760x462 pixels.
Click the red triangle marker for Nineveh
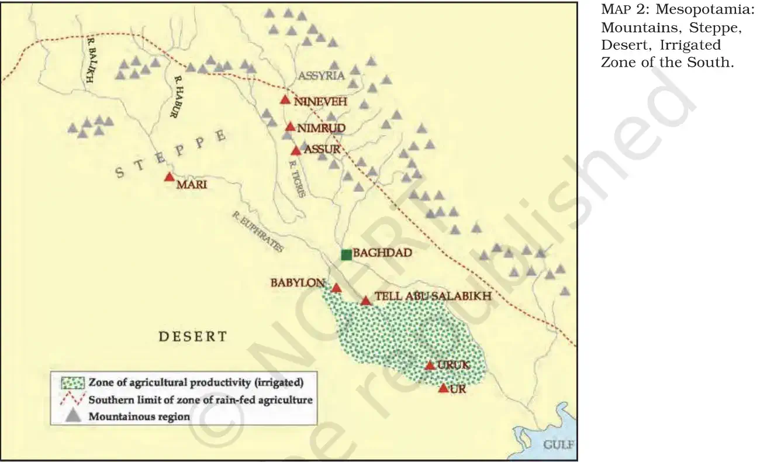tap(285, 100)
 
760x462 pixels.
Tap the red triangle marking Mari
tap(169, 177)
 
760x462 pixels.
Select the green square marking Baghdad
tap(346, 254)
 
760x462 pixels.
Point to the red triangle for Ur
tap(443, 388)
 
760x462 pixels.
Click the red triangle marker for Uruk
tap(430, 366)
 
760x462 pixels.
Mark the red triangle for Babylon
tap(336, 288)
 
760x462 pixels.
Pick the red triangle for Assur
tap(296, 151)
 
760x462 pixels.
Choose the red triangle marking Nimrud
tap(291, 127)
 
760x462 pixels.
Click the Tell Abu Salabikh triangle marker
tap(365, 301)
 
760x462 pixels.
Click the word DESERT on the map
tap(193, 336)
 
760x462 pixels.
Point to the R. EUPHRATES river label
tap(257, 233)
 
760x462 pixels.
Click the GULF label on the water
tap(559, 445)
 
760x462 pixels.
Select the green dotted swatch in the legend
tap(72, 384)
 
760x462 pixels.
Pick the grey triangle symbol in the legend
tap(72, 416)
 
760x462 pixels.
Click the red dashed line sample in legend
tap(72, 401)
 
